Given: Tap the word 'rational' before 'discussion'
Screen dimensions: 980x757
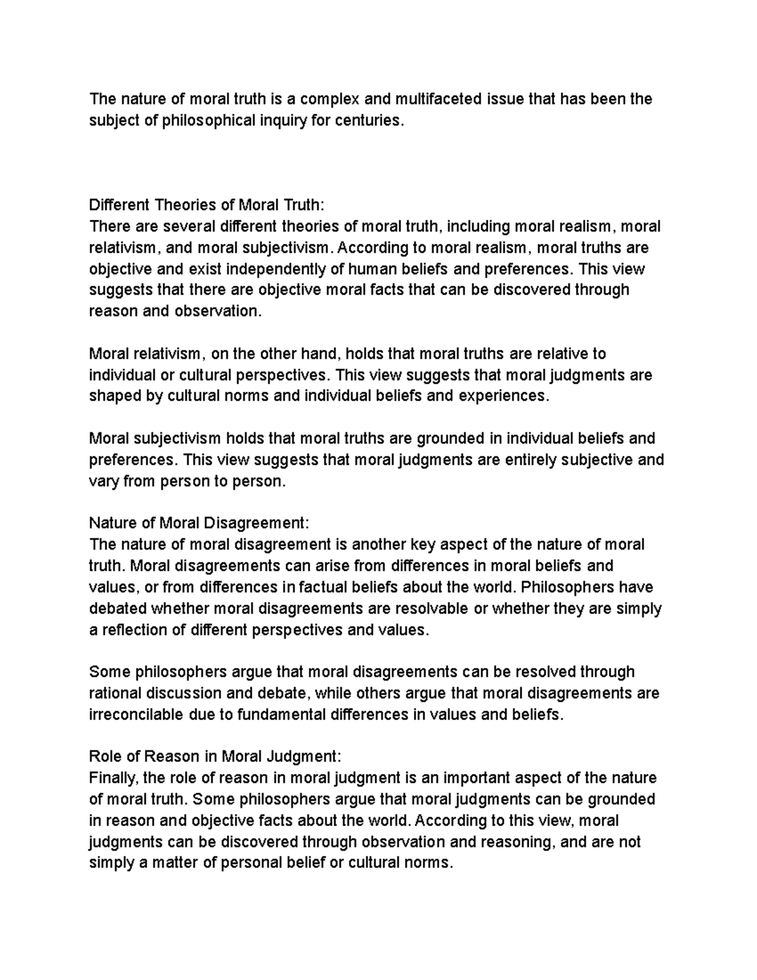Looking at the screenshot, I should tap(115, 694).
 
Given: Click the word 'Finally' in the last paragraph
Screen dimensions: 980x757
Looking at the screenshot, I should tap(112, 778).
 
